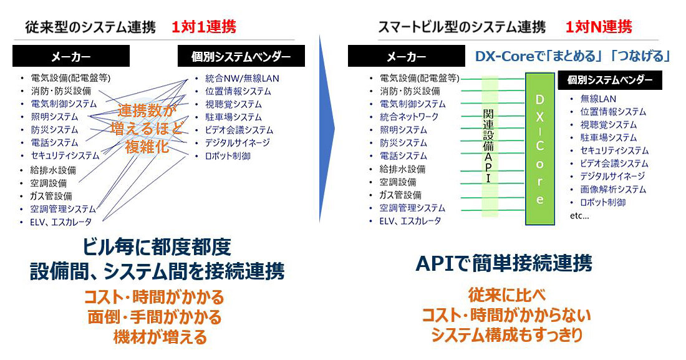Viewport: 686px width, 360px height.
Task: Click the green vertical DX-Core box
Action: tap(540, 149)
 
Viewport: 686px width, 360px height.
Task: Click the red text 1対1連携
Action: tap(203, 27)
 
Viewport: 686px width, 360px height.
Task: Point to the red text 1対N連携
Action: tap(599, 27)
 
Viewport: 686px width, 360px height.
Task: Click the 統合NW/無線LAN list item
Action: tap(242, 79)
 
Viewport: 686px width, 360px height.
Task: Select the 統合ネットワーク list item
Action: tap(408, 117)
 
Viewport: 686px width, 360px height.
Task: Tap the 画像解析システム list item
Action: tap(613, 189)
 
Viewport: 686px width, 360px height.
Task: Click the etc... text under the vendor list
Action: tap(579, 215)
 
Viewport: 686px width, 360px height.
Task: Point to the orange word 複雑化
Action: tap(147, 146)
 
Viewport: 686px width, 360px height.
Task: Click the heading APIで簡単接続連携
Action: tap(503, 263)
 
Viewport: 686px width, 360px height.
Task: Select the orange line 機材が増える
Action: tap(160, 337)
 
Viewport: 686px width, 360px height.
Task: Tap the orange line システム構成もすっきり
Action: tap(506, 334)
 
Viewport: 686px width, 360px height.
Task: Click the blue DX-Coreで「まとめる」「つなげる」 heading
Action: tap(572, 56)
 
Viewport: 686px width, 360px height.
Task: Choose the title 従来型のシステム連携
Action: tap(90, 27)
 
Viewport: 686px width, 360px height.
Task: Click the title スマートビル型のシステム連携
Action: tap(461, 27)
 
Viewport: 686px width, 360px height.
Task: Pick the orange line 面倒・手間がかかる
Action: tap(155, 317)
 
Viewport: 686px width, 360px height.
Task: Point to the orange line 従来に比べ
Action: tap(506, 294)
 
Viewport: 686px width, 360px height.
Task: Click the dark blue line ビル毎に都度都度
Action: tap(157, 246)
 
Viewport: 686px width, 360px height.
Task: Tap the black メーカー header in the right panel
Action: tap(407, 57)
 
